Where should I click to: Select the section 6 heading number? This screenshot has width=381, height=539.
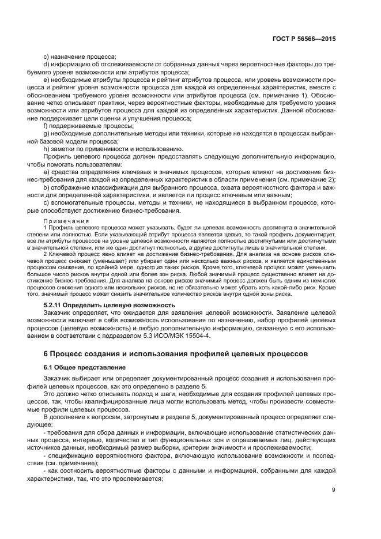click(x=47, y=352)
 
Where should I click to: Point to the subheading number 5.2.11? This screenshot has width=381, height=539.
click(x=55, y=304)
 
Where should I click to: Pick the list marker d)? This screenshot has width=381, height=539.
click(x=47, y=64)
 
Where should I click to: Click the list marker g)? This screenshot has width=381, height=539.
click(x=47, y=133)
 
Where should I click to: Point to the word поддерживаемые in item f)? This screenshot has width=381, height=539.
click(x=76, y=125)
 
